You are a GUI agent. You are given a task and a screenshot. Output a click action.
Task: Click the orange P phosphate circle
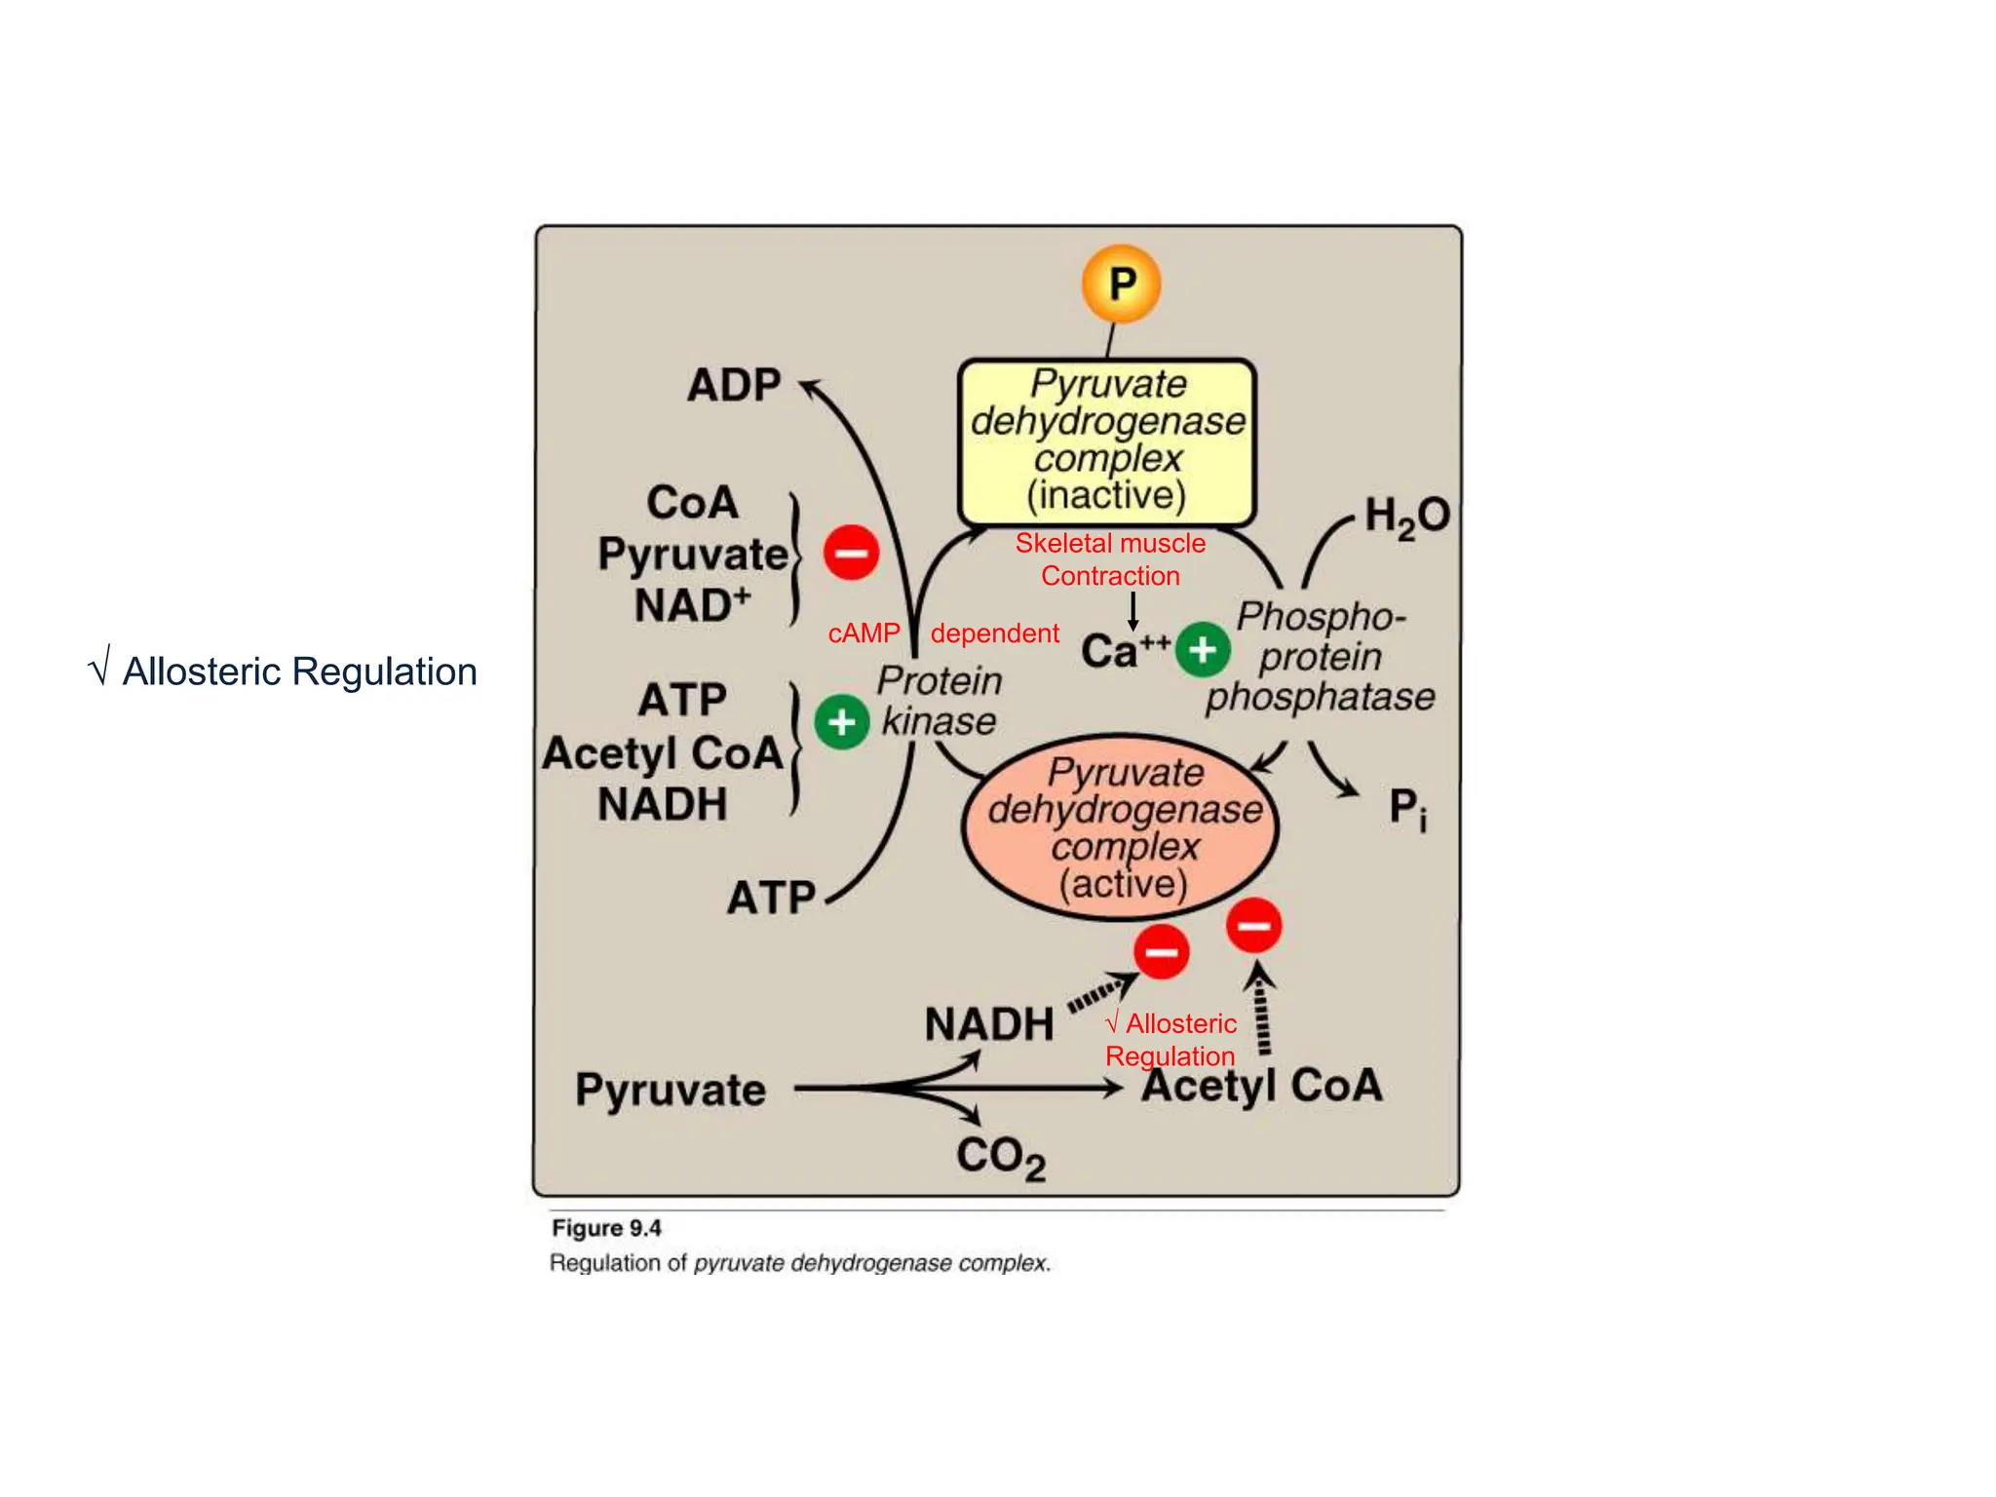pyautogui.click(x=1121, y=284)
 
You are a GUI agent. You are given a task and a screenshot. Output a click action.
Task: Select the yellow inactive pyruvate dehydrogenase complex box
pyautogui.click(x=1107, y=441)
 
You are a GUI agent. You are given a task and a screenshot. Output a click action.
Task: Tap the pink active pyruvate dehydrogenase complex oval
pyautogui.click(x=1121, y=827)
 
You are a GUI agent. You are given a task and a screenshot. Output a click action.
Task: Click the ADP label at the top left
pyautogui.click(x=733, y=385)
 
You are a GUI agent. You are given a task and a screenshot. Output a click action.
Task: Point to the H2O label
pyautogui.click(x=1406, y=516)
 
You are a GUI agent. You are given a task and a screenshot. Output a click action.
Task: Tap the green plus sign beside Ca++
pyautogui.click(x=1203, y=649)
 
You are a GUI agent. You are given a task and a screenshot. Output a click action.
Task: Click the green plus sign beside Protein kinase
pyautogui.click(x=841, y=722)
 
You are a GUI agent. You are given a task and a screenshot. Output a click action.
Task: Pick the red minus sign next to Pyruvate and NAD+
pyautogui.click(x=851, y=553)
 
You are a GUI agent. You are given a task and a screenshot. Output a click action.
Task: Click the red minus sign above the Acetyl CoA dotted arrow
pyautogui.click(x=1253, y=925)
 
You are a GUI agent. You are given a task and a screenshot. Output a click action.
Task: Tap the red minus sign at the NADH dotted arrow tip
pyautogui.click(x=1161, y=951)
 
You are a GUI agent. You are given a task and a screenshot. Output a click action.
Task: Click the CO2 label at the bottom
pyautogui.click(x=1000, y=1157)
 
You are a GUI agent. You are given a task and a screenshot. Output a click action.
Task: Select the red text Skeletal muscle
pyautogui.click(x=1110, y=543)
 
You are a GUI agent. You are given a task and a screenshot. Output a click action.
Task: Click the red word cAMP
pyautogui.click(x=864, y=633)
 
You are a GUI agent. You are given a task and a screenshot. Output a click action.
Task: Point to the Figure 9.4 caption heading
pyautogui.click(x=606, y=1228)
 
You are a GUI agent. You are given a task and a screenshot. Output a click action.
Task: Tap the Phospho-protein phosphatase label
pyautogui.click(x=1320, y=657)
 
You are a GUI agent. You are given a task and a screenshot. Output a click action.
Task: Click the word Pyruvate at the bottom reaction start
pyautogui.click(x=671, y=1090)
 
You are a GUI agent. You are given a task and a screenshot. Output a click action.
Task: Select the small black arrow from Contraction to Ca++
pyautogui.click(x=1132, y=610)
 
